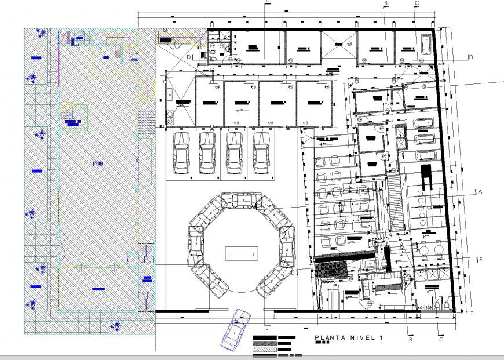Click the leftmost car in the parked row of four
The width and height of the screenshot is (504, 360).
(x=181, y=152)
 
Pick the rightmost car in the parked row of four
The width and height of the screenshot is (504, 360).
(x=262, y=152)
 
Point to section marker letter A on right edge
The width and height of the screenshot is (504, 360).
(x=479, y=191)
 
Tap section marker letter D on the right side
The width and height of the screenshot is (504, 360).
(x=470, y=57)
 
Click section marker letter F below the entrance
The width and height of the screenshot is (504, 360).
(x=266, y=329)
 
